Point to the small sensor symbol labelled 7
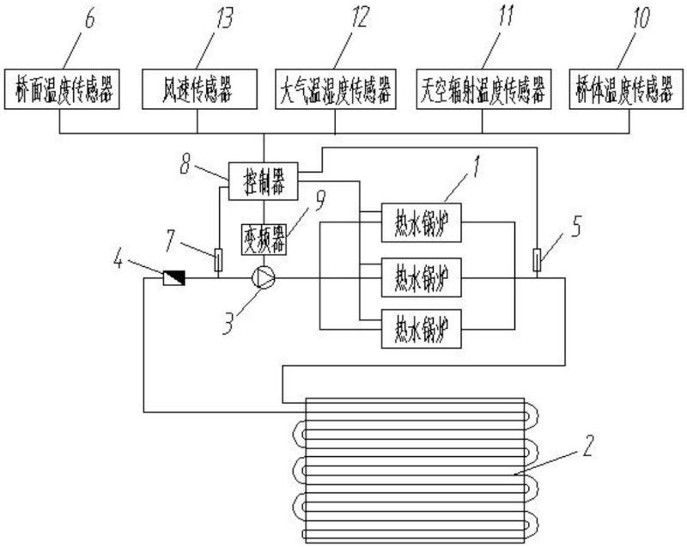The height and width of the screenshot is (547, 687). click(218, 257)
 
